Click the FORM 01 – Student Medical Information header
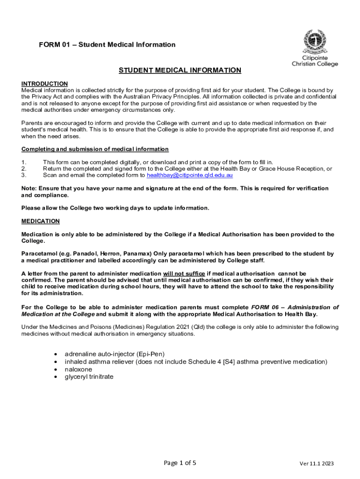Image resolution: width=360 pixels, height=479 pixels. point(107,45)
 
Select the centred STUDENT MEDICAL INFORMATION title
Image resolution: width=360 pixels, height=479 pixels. point(180,71)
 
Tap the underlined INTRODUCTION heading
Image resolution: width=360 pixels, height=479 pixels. point(44,84)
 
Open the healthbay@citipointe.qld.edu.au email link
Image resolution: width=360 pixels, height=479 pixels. point(190,175)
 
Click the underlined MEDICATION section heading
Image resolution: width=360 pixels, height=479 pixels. point(41,221)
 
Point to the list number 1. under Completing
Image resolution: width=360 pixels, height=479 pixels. point(24,162)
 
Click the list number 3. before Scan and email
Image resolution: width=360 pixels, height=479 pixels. point(24,175)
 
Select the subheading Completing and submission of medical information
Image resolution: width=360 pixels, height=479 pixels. point(95,149)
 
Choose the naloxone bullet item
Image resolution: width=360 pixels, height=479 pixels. point(78,369)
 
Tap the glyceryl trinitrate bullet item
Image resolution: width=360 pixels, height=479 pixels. point(89,377)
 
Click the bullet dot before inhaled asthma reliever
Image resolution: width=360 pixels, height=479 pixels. point(56,362)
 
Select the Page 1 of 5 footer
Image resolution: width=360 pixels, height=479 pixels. point(180,463)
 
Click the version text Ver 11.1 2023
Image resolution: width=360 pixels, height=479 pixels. point(317,464)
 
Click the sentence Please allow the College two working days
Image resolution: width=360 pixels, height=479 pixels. point(115,208)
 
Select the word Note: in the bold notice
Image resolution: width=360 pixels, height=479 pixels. point(30,188)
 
